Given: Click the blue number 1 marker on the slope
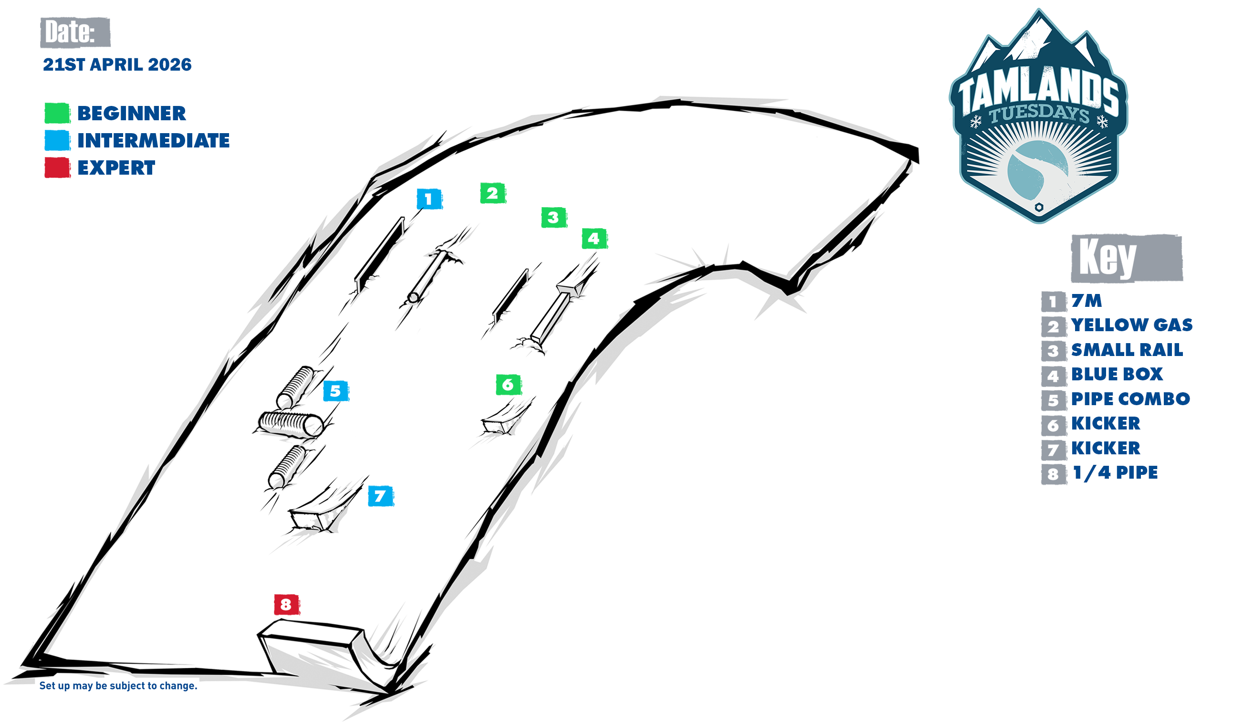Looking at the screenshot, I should pyautogui.click(x=429, y=199).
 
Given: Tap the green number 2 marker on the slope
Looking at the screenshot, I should pyautogui.click(x=492, y=193).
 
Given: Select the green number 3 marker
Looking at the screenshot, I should pyautogui.click(x=554, y=218).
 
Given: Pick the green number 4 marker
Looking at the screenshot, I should pyautogui.click(x=594, y=239).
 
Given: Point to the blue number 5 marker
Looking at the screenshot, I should pyautogui.click(x=335, y=391).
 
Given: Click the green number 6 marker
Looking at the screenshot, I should pyautogui.click(x=508, y=384).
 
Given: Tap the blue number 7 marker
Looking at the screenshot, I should pyautogui.click(x=380, y=495).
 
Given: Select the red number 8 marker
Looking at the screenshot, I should pyautogui.click(x=286, y=604).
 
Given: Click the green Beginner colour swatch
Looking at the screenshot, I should pyautogui.click(x=57, y=113).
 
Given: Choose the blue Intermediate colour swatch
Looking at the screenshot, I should pyautogui.click(x=57, y=140).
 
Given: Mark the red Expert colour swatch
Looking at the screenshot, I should pyautogui.click(x=57, y=168).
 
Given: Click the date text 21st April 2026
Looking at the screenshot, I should pyautogui.click(x=117, y=64).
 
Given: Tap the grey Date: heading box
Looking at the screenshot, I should pyautogui.click(x=75, y=32).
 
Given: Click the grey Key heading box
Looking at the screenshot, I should pyautogui.click(x=1127, y=258).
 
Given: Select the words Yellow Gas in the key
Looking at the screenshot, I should pyautogui.click(x=1131, y=325).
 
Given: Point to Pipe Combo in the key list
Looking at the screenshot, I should pyautogui.click(x=1130, y=399).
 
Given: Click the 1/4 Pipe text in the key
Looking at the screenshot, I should pyautogui.click(x=1115, y=473).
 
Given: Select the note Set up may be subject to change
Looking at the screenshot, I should pyautogui.click(x=118, y=686).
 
